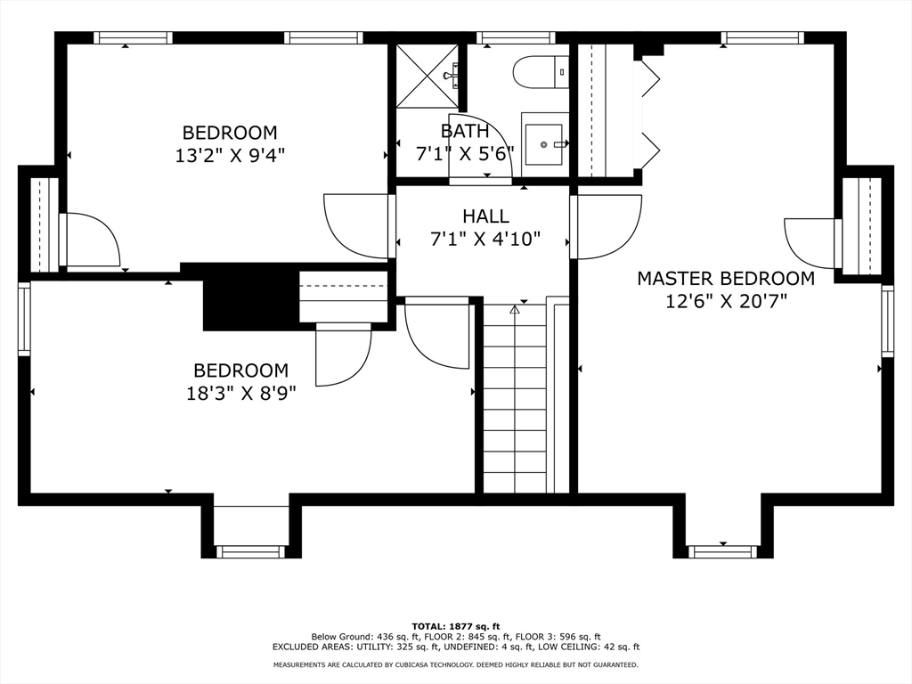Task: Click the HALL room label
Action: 485,216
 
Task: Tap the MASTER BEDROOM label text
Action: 725,279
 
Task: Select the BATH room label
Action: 465,132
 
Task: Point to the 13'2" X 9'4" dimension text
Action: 230,155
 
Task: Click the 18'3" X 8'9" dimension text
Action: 240,394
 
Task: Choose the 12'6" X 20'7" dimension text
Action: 726,302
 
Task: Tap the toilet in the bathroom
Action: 541,72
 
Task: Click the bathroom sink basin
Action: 544,143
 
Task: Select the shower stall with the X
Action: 427,76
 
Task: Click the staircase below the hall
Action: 516,398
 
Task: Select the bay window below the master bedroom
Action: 723,550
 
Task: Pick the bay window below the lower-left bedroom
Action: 251,551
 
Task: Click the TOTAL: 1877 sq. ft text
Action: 456,626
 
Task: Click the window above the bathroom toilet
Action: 516,37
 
